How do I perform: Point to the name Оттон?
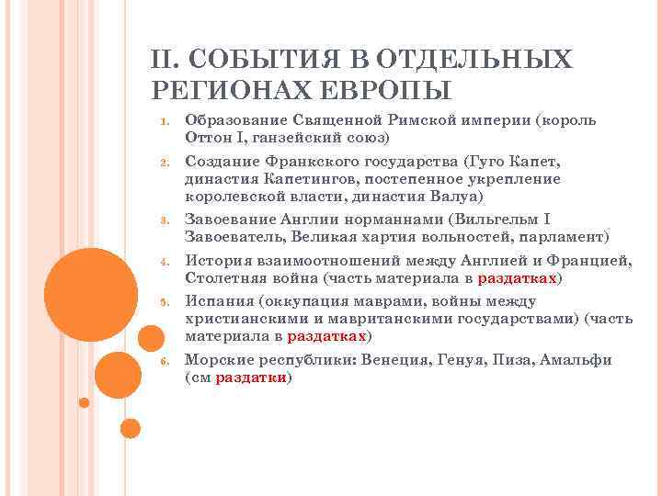211,138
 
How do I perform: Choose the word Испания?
219,301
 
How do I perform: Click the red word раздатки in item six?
251,378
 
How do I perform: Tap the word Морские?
218,360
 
